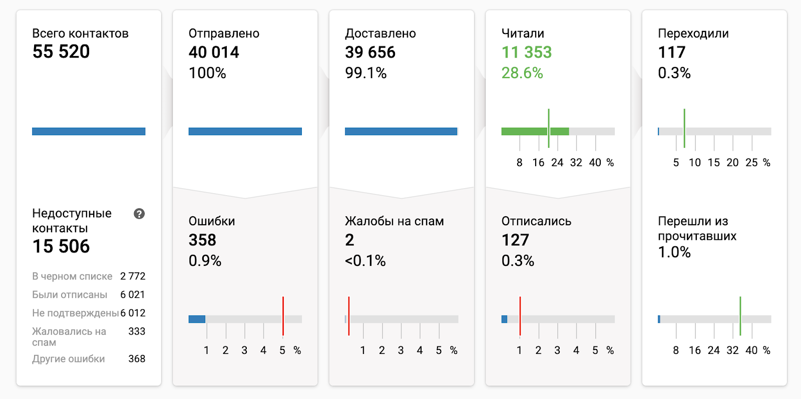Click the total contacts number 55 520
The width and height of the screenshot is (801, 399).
tap(61, 52)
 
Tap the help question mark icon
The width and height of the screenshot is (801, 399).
tap(139, 214)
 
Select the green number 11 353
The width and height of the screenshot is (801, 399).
tap(527, 52)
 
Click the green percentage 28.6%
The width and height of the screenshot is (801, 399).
tap(522, 73)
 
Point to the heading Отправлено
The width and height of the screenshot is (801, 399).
tap(224, 34)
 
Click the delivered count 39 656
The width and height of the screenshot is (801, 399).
tap(370, 52)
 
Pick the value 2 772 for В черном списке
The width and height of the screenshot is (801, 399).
tap(133, 276)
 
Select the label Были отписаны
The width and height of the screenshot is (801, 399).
tap(70, 295)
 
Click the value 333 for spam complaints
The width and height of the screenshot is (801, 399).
tap(137, 331)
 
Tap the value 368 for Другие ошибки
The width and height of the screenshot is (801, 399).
tap(137, 359)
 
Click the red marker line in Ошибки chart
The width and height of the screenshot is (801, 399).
tap(283, 315)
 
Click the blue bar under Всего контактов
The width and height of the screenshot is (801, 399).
tap(89, 132)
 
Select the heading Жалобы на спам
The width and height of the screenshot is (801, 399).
tap(394, 221)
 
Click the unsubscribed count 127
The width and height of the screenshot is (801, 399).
tap(515, 240)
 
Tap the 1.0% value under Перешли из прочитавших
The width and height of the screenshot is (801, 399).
tap(674, 252)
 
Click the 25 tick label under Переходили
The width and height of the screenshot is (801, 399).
tap(751, 163)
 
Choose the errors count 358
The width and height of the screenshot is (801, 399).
tap(202, 240)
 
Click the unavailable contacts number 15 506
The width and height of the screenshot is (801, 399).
tap(61, 246)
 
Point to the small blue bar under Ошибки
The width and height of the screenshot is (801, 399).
tap(197, 319)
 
